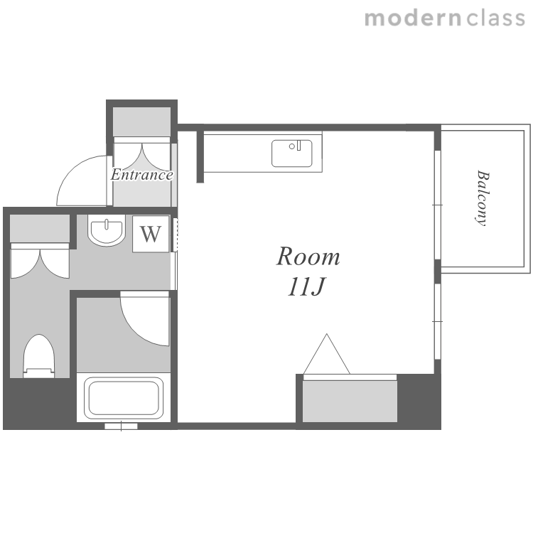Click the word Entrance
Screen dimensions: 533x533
(x=141, y=175)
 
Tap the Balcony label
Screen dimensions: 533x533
(x=483, y=198)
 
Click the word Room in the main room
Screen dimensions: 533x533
(x=308, y=257)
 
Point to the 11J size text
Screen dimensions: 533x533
(x=306, y=286)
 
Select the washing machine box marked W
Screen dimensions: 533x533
(x=151, y=234)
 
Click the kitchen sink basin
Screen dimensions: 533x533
(x=292, y=154)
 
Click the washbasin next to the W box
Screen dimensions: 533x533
(x=107, y=230)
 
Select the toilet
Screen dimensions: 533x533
(x=39, y=356)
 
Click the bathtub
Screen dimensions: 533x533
(x=124, y=398)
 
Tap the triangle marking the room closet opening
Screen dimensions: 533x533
(x=327, y=354)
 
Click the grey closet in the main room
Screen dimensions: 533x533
(x=350, y=401)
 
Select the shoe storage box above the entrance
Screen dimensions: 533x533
(x=141, y=122)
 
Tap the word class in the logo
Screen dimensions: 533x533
(x=496, y=18)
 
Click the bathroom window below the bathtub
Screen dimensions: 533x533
(x=121, y=426)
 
